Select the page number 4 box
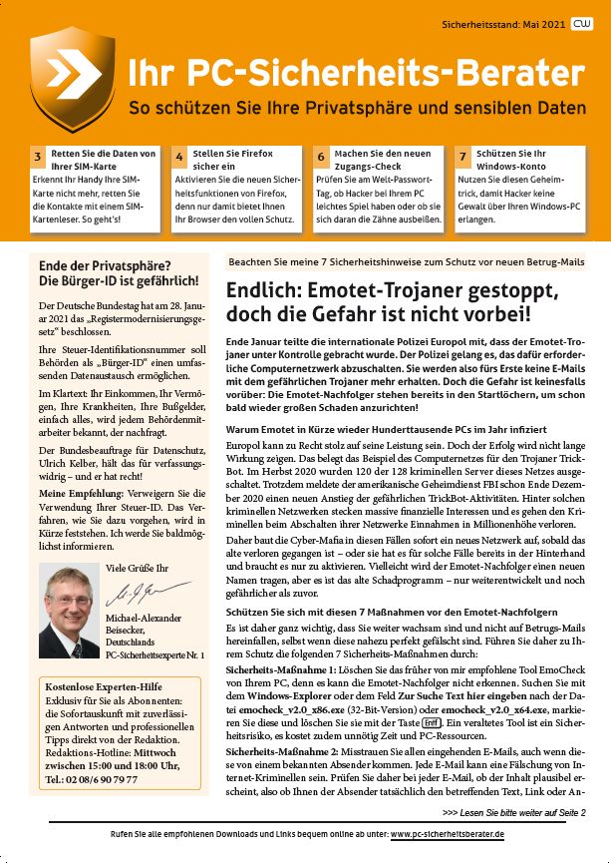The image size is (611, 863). (178, 158)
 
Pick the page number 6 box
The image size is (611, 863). (321, 158)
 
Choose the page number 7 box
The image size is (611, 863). (462, 158)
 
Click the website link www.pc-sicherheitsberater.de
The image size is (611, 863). (448, 834)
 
